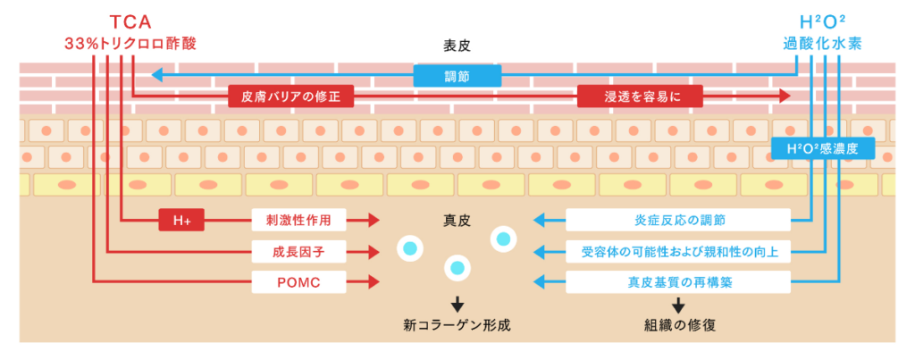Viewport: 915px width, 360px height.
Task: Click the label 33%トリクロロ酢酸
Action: (130, 43)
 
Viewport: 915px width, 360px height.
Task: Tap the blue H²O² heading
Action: (821, 21)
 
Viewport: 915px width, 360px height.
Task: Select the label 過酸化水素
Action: (821, 43)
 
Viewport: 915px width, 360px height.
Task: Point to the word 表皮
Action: (457, 45)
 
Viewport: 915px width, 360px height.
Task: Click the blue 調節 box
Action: (457, 76)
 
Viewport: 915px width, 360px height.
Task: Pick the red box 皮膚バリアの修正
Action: (290, 96)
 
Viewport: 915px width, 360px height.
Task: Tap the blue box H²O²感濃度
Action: (821, 148)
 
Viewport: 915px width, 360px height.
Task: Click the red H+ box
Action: (181, 220)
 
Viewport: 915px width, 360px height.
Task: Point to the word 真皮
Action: (457, 220)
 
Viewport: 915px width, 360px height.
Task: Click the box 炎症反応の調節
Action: (678, 220)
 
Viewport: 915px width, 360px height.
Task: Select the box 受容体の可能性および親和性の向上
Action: (678, 252)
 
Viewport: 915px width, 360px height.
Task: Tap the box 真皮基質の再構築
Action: (678, 283)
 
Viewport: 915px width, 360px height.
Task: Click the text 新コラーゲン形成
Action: (457, 326)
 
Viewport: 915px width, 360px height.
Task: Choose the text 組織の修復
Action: (678, 326)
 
